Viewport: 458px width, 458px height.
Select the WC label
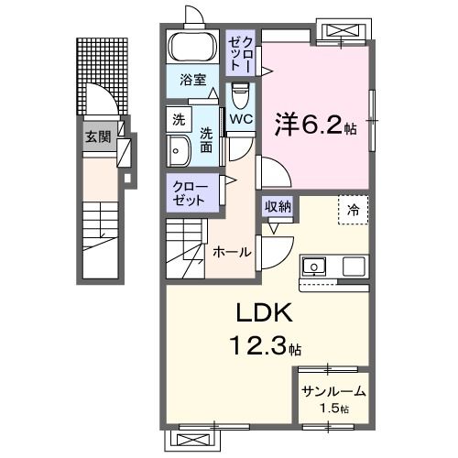242,118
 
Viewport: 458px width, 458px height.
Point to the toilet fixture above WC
241,93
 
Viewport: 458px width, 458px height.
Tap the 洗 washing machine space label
179,118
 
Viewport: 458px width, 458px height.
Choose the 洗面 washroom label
207,136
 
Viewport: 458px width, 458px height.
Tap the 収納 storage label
278,206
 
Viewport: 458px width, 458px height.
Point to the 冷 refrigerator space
353,209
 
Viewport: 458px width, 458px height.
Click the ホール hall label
232,251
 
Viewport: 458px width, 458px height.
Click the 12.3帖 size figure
265,347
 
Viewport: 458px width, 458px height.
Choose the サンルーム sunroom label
333,391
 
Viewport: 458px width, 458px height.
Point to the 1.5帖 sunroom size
333,409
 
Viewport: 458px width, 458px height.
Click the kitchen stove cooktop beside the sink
354,267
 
